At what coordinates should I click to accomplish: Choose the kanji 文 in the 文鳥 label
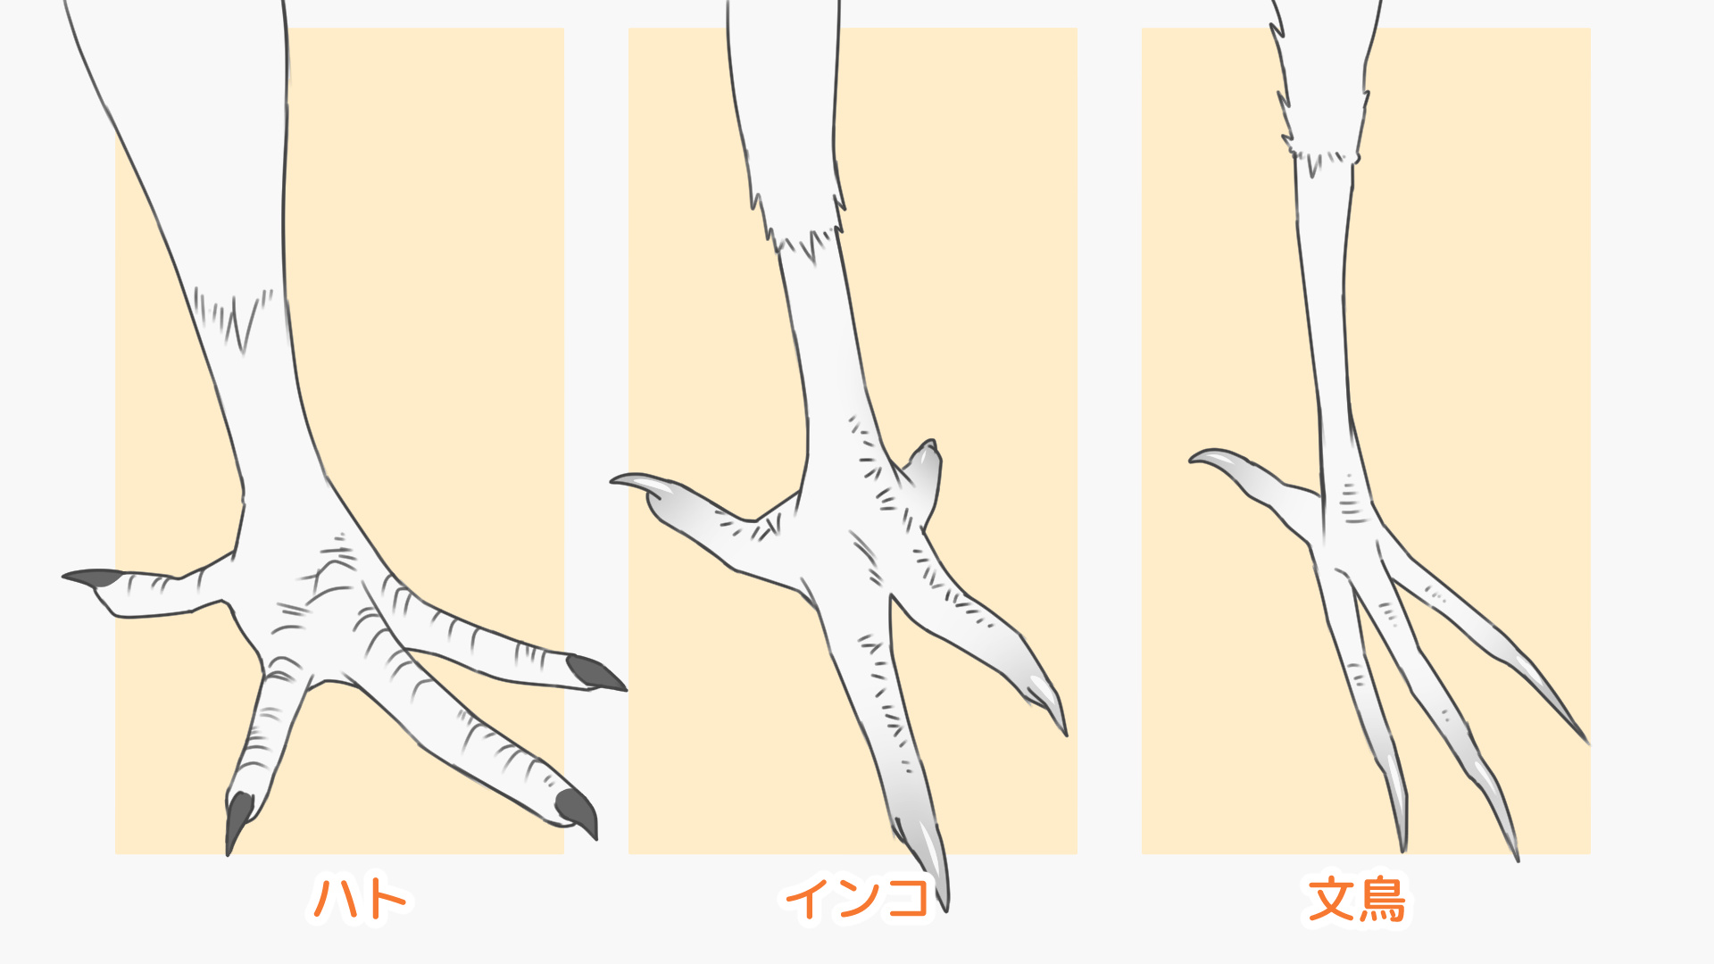1331,899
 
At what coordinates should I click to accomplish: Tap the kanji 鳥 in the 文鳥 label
1382,899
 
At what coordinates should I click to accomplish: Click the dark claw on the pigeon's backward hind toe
92,578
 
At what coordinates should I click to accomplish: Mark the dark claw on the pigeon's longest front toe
577,812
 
